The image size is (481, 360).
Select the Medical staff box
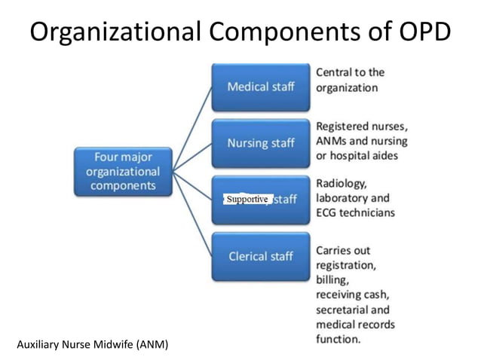click(x=260, y=86)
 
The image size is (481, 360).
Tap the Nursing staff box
click(x=260, y=142)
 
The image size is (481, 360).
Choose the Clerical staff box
click(x=260, y=256)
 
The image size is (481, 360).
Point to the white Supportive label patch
click(x=247, y=199)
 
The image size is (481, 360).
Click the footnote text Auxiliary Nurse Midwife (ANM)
click(x=92, y=345)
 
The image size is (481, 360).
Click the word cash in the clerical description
click(x=381, y=294)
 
